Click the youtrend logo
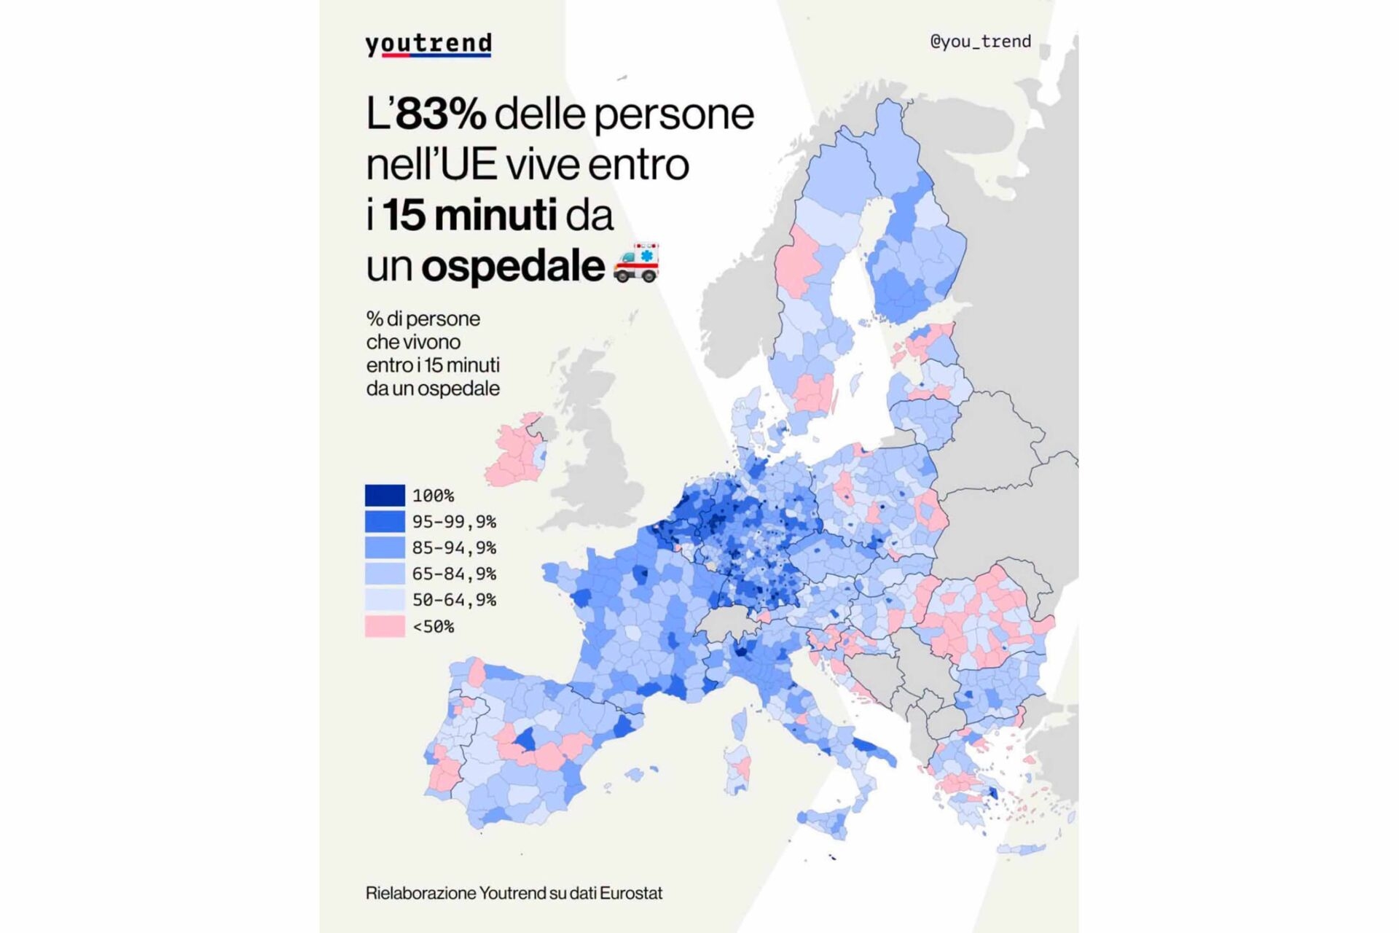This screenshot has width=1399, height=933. [x=428, y=44]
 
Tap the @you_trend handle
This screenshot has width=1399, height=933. [x=981, y=42]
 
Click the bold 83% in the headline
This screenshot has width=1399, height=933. [x=441, y=114]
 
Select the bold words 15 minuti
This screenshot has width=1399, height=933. [x=470, y=215]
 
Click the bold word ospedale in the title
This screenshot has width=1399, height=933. [x=513, y=267]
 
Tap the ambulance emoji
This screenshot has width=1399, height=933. [x=636, y=262]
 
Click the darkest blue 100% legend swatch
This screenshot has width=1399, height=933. [x=385, y=496]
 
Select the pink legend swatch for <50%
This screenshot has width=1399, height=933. [x=385, y=626]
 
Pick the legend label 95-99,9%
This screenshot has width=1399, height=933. [x=454, y=522]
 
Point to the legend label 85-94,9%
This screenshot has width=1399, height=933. [x=454, y=548]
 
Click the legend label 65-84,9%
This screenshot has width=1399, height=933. [x=454, y=574]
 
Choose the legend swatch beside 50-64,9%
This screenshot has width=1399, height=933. [x=385, y=600]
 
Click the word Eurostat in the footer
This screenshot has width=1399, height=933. [x=631, y=893]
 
